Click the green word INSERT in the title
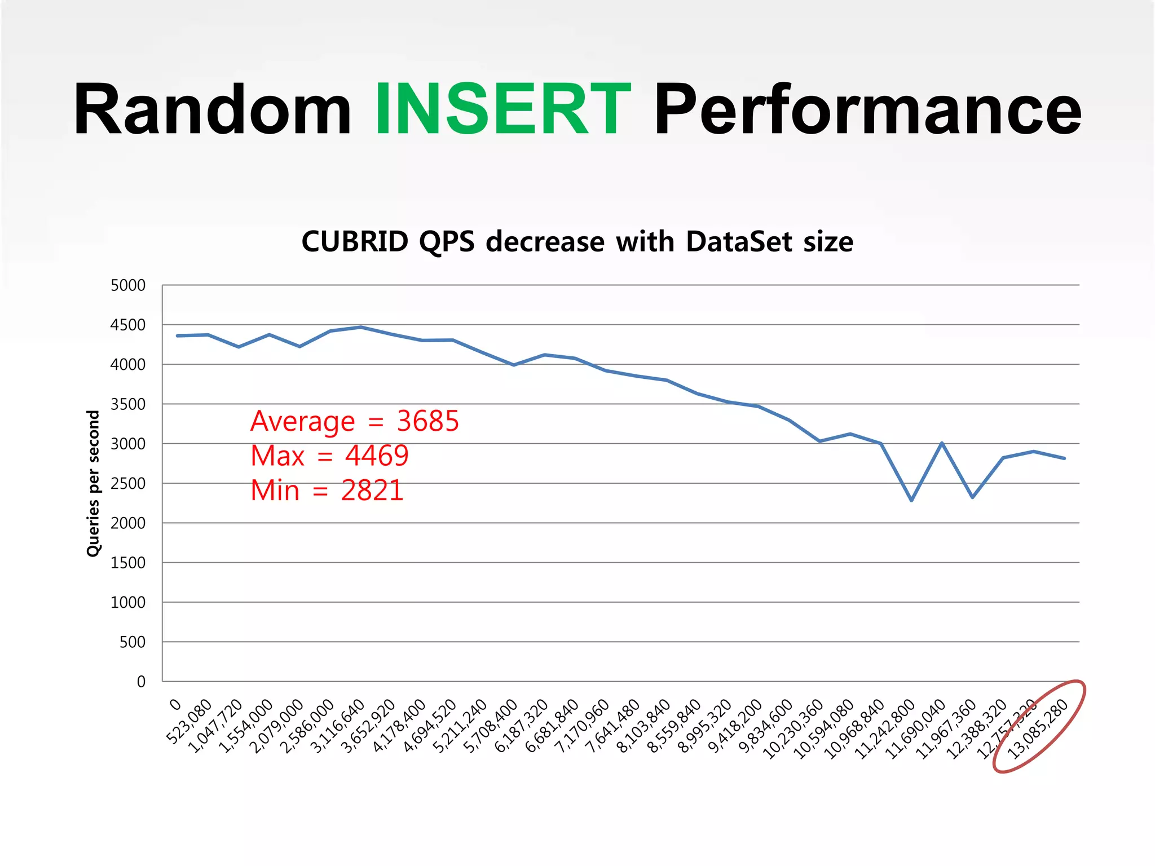502,109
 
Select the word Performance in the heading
867,111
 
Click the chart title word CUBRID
355,242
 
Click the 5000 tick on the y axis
128,285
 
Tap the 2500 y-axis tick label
128,484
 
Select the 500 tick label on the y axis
133,642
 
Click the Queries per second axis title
93,483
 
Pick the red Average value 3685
428,421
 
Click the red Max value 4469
377,456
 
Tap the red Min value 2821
372,491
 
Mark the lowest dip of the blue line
911,500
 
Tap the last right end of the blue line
1064,458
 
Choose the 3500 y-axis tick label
128,404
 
